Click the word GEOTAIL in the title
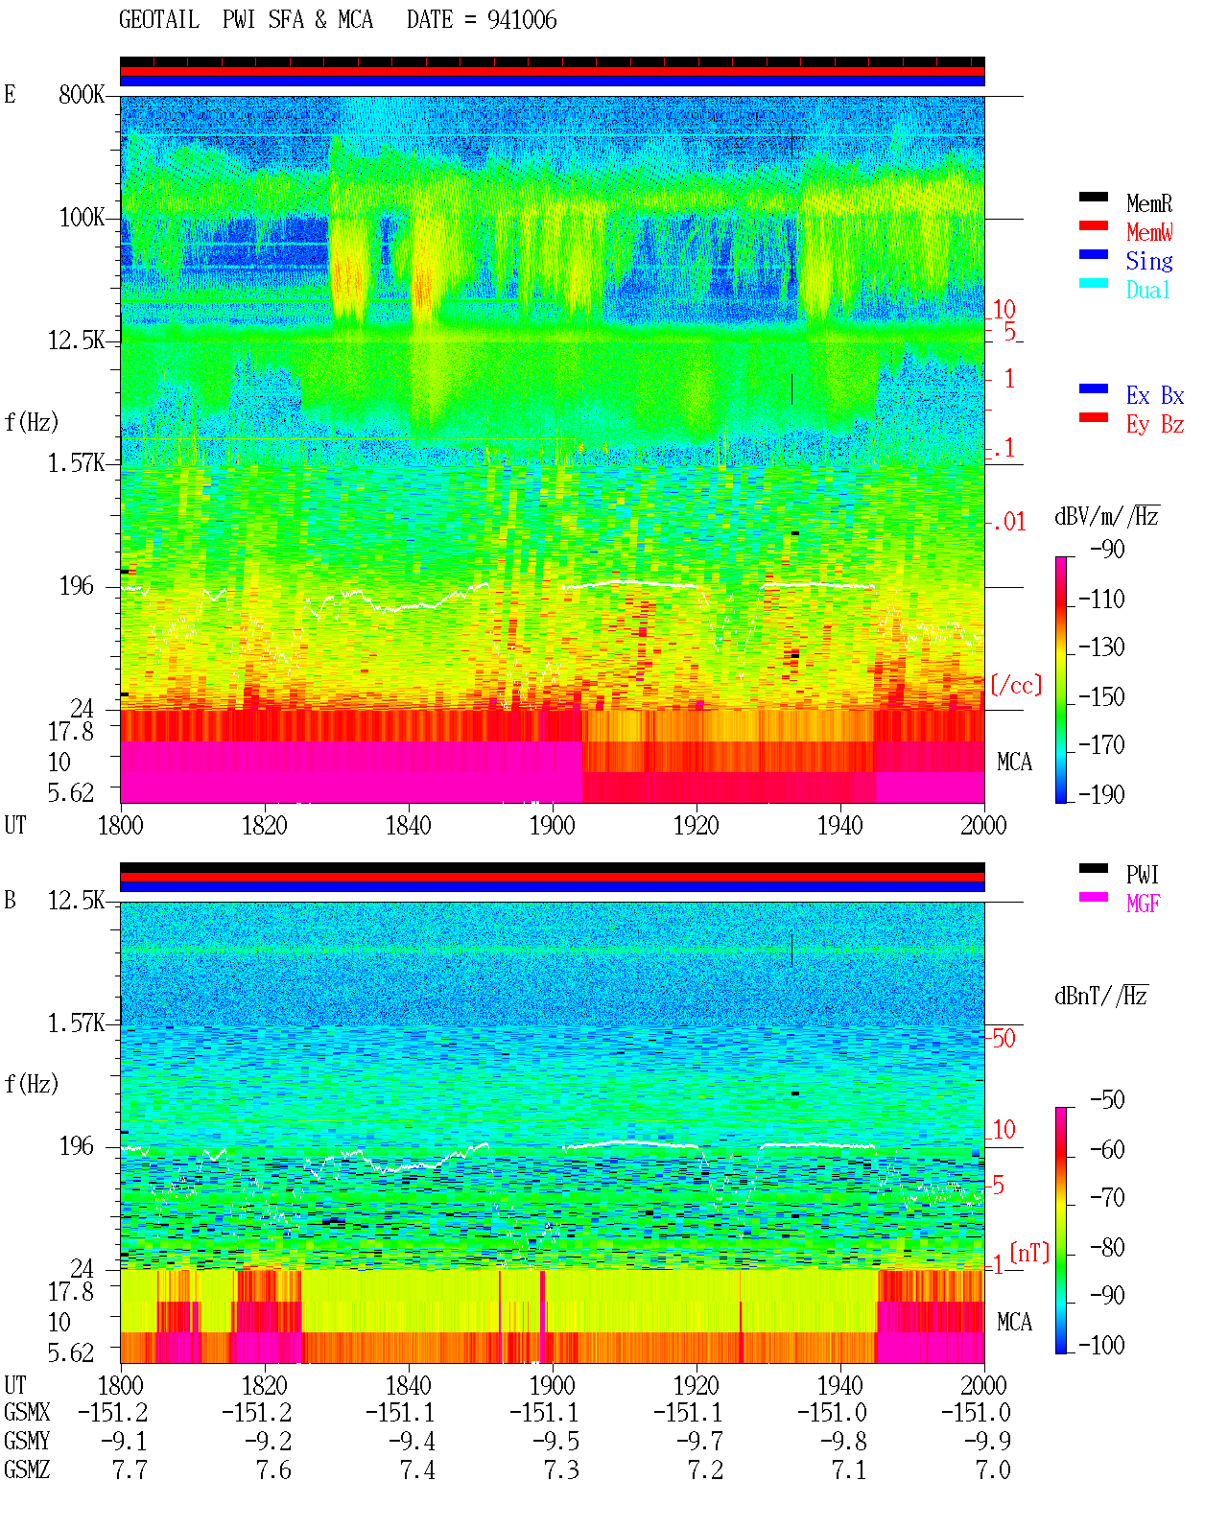click(159, 20)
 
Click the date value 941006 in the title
click(522, 20)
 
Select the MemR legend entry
click(1149, 203)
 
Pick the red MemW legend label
click(1149, 232)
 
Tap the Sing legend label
click(1149, 261)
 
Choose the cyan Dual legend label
click(1148, 290)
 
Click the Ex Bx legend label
click(1155, 395)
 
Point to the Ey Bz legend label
click(1155, 425)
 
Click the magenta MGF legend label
click(1143, 904)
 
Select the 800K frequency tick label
click(82, 94)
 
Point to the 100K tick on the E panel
click(82, 218)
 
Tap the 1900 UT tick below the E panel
click(553, 825)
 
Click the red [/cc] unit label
click(1016, 685)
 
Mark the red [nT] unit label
click(1029, 1252)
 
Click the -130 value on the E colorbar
click(1101, 647)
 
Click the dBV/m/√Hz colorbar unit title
click(1107, 516)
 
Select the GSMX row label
click(27, 1413)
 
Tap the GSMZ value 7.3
click(561, 1469)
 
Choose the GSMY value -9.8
click(843, 1442)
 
